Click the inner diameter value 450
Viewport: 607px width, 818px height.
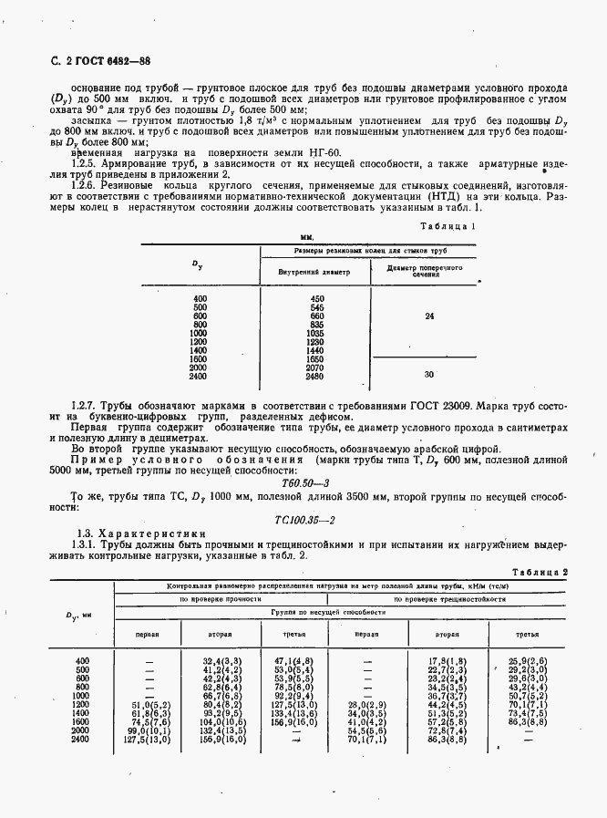pos(317,299)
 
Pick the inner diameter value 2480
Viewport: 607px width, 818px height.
pos(316,377)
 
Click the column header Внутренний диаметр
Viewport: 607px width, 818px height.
pos(314,273)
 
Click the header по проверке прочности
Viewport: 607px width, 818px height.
pos(219,599)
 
